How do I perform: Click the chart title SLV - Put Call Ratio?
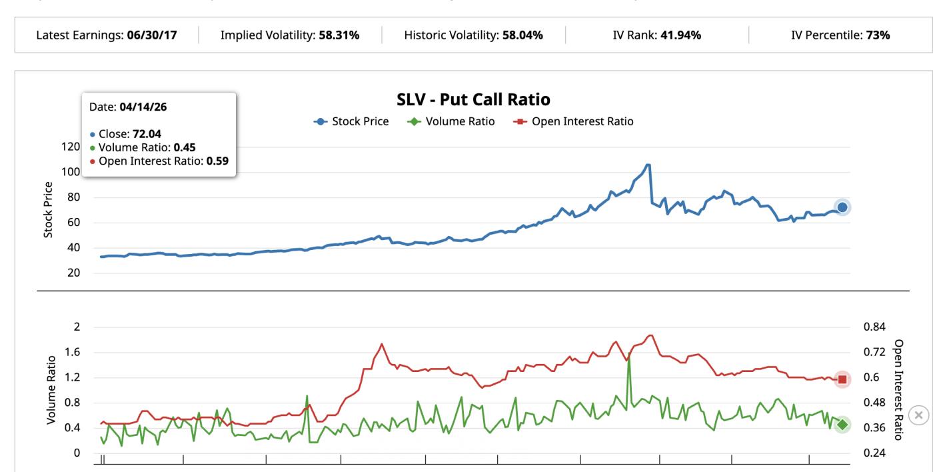point(473,100)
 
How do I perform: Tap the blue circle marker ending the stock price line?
point(842,207)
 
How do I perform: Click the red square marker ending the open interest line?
point(842,379)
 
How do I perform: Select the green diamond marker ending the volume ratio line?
point(842,425)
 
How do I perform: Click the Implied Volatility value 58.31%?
point(337,35)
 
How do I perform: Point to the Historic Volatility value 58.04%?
point(521,35)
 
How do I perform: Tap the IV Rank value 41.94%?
point(680,35)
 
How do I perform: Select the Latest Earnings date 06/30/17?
point(152,35)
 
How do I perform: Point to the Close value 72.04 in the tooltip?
point(147,134)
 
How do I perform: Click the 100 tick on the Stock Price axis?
point(71,172)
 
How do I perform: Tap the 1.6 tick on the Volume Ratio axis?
point(71,352)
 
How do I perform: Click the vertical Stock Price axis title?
point(49,209)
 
